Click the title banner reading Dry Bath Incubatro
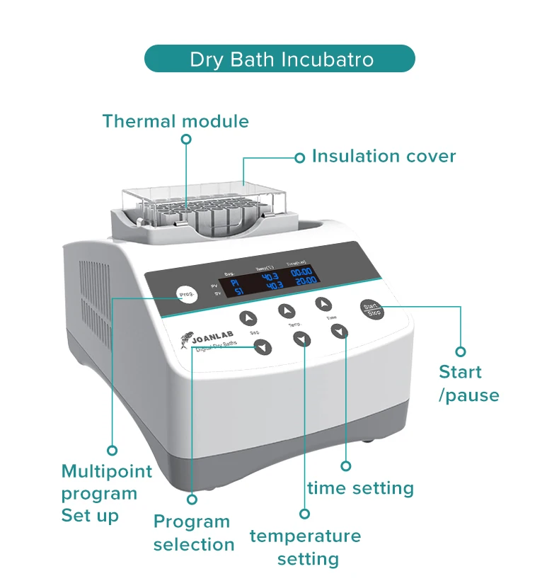(279, 59)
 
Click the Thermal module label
(175, 121)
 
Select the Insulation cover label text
(384, 157)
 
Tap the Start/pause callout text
(468, 383)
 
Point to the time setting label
(360, 488)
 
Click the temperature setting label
(305, 547)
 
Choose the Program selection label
(193, 533)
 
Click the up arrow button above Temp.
(286, 310)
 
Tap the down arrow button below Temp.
(302, 339)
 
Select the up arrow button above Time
(323, 304)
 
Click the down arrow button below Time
(340, 331)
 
